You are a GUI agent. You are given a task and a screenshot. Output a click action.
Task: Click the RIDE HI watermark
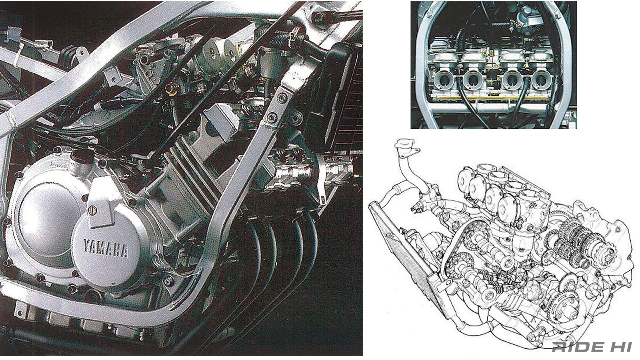point(592,347)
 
